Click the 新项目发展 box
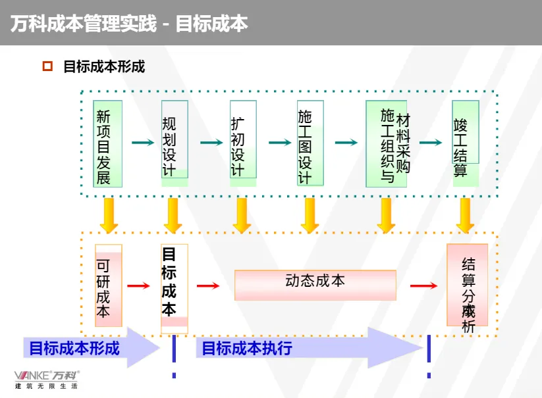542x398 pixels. (x=108, y=143)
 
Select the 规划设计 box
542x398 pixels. (x=175, y=139)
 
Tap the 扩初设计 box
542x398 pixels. (x=242, y=139)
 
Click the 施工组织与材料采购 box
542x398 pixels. (x=387, y=143)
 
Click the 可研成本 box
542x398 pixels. (x=108, y=285)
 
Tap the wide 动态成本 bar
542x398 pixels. (x=315, y=285)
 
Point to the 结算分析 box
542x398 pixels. (x=468, y=285)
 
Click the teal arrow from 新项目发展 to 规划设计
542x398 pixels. (x=142, y=142)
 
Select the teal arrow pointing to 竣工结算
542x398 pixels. (x=431, y=142)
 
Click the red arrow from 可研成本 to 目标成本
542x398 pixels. (x=138, y=286)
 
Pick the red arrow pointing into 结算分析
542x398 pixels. (x=423, y=286)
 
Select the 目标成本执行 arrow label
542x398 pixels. (x=246, y=348)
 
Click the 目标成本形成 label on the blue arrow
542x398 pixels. (x=74, y=348)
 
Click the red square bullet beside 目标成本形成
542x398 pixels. (x=47, y=66)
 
